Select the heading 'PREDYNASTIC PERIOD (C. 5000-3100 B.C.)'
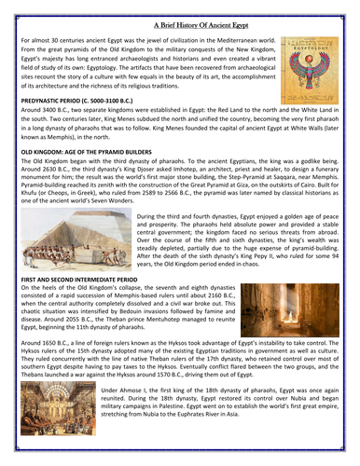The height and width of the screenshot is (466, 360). (82, 99)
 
